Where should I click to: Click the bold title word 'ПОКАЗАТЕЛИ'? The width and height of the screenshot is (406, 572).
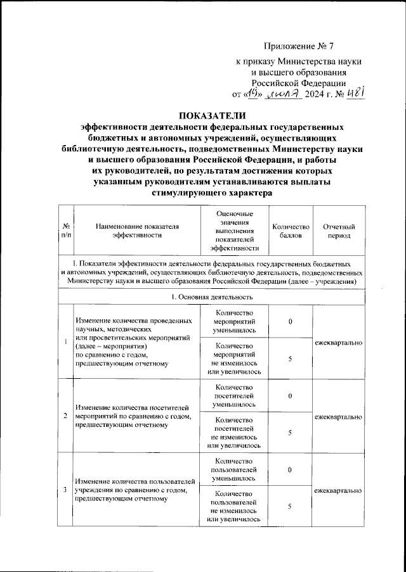coord(209,115)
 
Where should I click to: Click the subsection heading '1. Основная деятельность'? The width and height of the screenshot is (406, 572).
coord(213,296)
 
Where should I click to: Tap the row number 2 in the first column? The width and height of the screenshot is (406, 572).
coord(66,416)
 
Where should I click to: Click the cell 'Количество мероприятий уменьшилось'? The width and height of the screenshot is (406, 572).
coord(234,322)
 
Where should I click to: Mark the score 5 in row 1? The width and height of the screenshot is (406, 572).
coord(290,359)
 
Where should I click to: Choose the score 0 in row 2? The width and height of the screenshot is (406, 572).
coord(290,396)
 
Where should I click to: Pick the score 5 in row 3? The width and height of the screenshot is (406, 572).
coord(290,507)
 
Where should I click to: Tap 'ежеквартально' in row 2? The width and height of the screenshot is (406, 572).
coord(339,416)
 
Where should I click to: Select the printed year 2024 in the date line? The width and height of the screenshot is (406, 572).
coord(315,95)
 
